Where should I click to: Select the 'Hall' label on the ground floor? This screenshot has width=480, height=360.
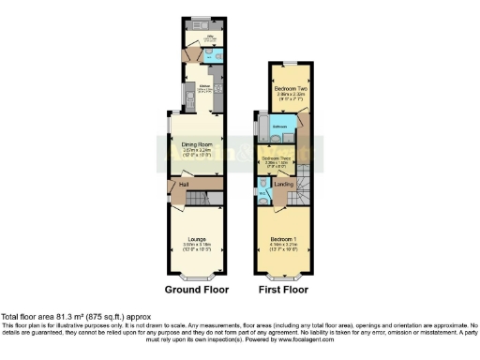(x=184, y=185)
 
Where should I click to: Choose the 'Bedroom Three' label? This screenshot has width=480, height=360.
(x=276, y=159)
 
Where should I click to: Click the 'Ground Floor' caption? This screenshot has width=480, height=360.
(x=195, y=291)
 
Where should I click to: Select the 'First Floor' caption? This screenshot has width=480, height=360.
(x=283, y=291)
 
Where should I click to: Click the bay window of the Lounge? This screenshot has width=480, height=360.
(x=195, y=278)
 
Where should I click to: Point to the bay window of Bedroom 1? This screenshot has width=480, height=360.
(x=283, y=278)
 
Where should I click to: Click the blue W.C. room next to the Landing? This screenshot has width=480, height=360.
(x=263, y=193)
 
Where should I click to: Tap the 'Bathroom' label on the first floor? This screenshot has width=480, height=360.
(x=279, y=124)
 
